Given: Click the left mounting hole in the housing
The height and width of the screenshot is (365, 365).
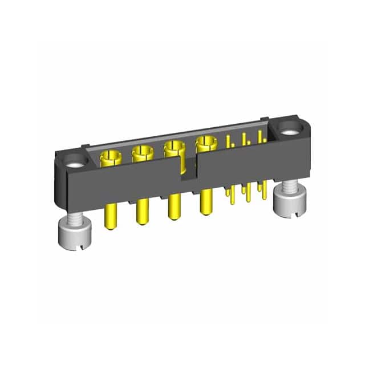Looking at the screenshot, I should click(75, 160).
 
